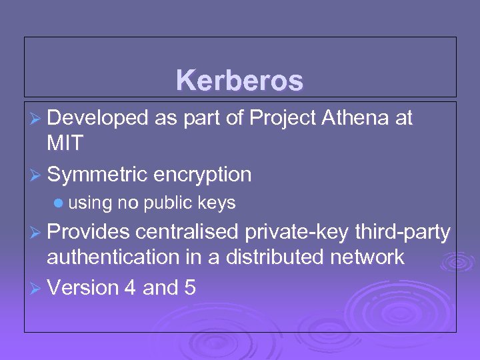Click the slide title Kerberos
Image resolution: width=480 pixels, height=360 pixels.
(240, 81)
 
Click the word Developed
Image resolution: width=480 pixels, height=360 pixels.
(97, 119)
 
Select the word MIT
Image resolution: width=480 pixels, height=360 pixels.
(65, 142)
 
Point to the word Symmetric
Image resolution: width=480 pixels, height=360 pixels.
(97, 175)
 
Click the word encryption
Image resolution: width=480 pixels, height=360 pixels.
(203, 175)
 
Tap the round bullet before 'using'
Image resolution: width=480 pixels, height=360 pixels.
(59, 201)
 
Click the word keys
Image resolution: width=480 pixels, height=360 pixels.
(217, 202)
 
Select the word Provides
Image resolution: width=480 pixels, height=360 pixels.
(91, 231)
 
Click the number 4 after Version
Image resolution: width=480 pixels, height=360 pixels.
(129, 287)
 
